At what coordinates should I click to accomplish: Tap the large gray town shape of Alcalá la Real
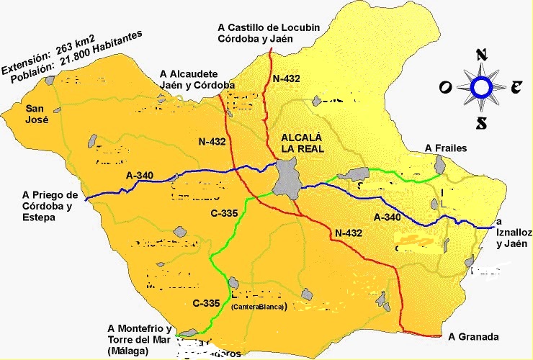coord(287,178)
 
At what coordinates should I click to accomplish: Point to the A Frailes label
coord(446,148)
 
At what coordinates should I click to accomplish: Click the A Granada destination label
coord(472,337)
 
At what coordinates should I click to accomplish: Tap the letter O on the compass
coord(446,87)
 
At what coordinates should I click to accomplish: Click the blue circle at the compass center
coord(480,87)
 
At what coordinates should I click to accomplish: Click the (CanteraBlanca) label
coord(259,306)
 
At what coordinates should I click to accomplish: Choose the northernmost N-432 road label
coord(285,78)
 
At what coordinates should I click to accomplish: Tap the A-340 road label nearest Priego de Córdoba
coord(139,176)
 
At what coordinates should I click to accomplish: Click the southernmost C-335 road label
coord(206,303)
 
